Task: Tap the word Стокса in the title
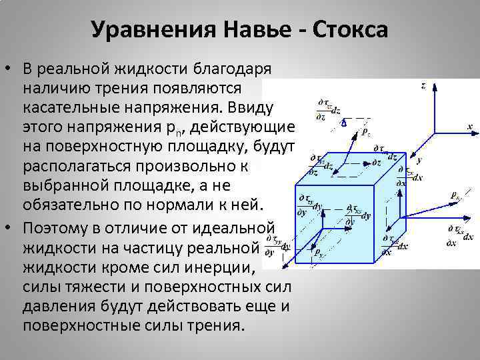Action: (351, 30)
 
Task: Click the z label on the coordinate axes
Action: (424, 86)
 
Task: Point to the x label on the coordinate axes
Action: (469, 126)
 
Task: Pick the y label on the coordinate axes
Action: (419, 161)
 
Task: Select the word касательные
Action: (68, 107)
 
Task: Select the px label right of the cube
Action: (455, 196)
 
